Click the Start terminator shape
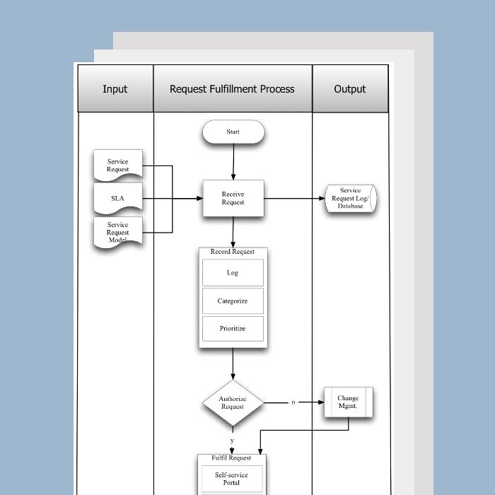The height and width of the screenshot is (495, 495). click(x=233, y=132)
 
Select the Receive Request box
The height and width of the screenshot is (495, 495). click(x=233, y=198)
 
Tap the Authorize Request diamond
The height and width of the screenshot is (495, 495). click(x=233, y=402)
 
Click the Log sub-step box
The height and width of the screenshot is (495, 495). click(x=233, y=272)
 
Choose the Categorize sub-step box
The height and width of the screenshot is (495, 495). click(x=233, y=301)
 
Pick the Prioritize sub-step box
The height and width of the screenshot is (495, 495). click(x=233, y=329)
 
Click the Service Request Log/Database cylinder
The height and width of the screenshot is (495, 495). click(x=350, y=199)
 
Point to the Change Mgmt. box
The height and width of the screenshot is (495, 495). click(x=348, y=402)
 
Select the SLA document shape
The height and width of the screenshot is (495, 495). click(x=117, y=198)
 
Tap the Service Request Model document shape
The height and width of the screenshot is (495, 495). click(x=118, y=233)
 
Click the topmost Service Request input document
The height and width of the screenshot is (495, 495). click(x=118, y=165)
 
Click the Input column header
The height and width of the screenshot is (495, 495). click(x=115, y=89)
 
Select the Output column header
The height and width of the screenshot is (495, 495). click(x=350, y=89)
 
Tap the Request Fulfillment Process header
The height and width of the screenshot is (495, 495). click(x=232, y=89)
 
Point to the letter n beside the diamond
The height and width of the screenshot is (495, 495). click(x=293, y=402)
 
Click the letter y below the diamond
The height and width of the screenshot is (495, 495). click(x=232, y=440)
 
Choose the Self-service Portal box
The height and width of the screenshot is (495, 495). click(x=232, y=479)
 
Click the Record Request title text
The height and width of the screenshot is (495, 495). click(x=233, y=252)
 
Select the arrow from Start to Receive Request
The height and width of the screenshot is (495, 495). click(x=233, y=162)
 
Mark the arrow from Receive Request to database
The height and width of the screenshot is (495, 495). click(x=293, y=199)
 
